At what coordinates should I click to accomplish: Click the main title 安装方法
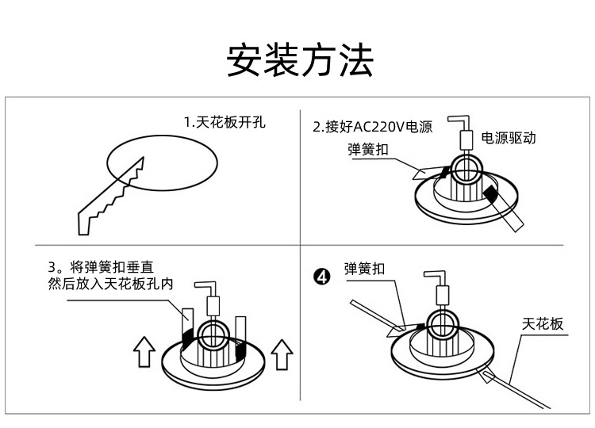(x=299, y=61)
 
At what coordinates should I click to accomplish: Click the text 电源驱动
(x=509, y=137)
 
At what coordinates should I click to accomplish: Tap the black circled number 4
(x=322, y=277)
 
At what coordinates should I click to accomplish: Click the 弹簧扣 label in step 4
(x=365, y=268)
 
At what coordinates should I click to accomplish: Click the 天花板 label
(x=543, y=323)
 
